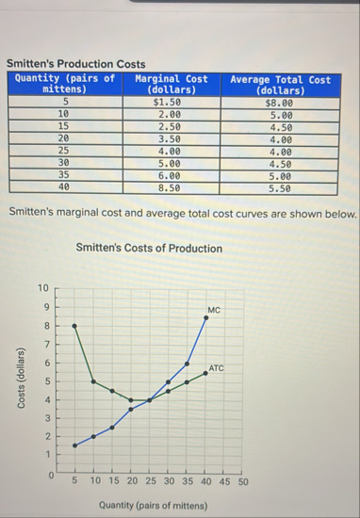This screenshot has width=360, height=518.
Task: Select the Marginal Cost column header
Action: pyautogui.click(x=171, y=85)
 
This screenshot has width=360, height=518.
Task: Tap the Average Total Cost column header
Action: pyautogui.click(x=280, y=85)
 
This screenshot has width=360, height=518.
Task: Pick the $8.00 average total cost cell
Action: pyautogui.click(x=280, y=101)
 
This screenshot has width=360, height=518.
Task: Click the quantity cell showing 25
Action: pyautogui.click(x=64, y=150)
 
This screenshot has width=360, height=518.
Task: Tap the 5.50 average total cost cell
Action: pyautogui.click(x=280, y=187)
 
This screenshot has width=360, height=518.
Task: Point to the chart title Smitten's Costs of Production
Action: pyautogui.click(x=149, y=249)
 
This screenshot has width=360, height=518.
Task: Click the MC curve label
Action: pyautogui.click(x=214, y=309)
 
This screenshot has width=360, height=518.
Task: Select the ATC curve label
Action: pyautogui.click(x=217, y=368)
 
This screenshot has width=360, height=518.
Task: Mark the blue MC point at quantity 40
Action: pyautogui.click(x=205, y=317)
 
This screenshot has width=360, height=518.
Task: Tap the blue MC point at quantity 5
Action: pyautogui.click(x=75, y=445)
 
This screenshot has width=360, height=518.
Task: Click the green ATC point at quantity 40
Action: pyautogui.click(x=205, y=373)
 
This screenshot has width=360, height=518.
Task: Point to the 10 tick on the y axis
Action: pyautogui.click(x=41, y=287)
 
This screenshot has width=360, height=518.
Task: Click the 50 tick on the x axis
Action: pyautogui.click(x=242, y=481)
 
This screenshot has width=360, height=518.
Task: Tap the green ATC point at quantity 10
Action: pyautogui.click(x=93, y=381)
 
